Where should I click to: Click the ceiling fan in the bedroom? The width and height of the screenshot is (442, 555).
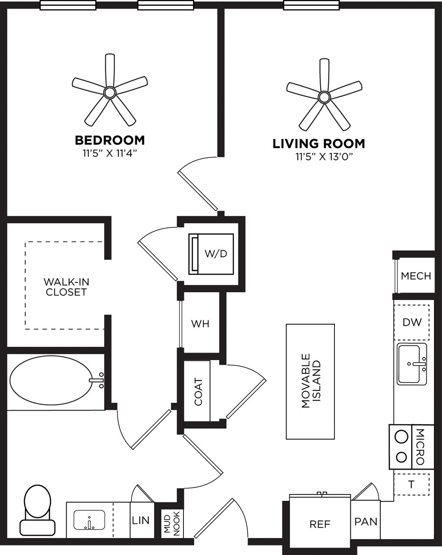[110, 92]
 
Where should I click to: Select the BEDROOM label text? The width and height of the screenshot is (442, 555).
[110, 140]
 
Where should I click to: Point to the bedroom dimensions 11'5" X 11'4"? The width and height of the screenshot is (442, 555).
[110, 153]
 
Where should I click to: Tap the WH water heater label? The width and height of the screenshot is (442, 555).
[200, 324]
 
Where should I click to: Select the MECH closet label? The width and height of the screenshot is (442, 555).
[416, 276]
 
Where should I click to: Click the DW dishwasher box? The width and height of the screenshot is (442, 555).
[412, 323]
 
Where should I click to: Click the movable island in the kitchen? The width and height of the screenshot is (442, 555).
[310, 381]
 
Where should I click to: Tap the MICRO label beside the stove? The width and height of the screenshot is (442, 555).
[420, 447]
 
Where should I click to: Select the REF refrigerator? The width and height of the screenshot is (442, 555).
[320, 524]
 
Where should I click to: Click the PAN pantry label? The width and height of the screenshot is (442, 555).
[366, 521]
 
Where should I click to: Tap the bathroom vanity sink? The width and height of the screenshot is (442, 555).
[90, 520]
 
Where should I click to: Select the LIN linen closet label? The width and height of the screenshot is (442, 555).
[141, 520]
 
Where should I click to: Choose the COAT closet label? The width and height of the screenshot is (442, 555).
[198, 392]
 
